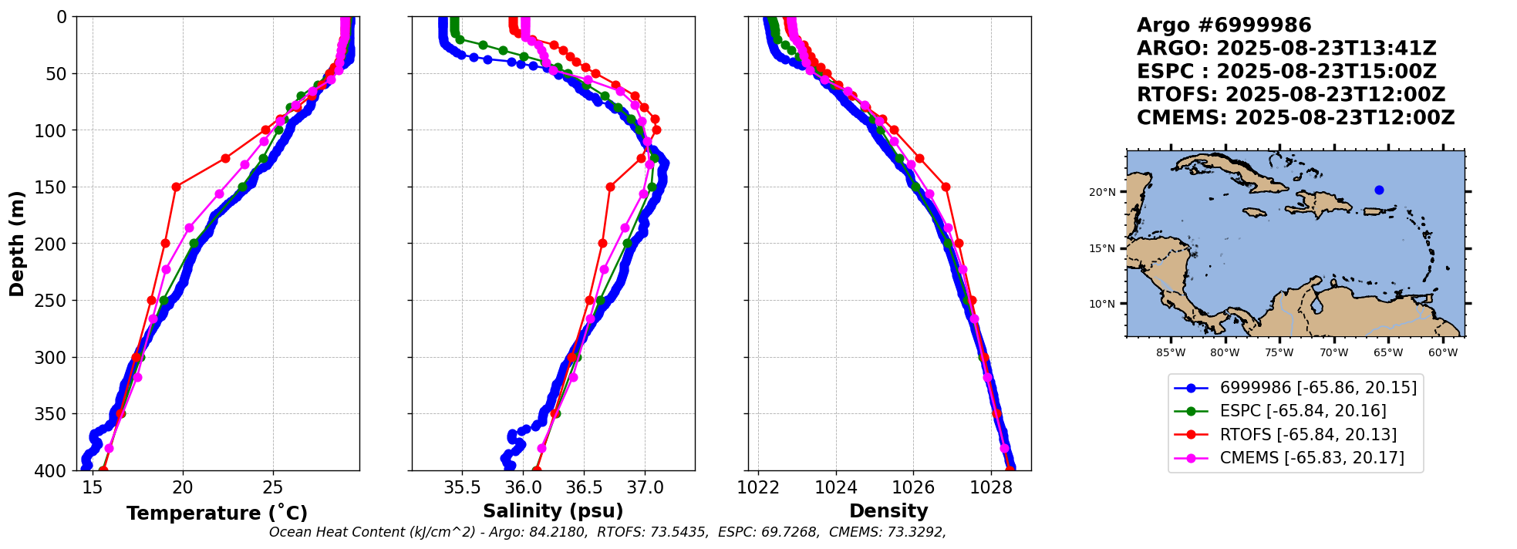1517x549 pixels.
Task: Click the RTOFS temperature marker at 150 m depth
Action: pos(176,187)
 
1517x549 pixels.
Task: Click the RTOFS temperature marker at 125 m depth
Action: pos(225,158)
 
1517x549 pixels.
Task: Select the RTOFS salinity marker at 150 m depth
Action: pos(610,187)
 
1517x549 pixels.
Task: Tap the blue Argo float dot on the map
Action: pos(1379,190)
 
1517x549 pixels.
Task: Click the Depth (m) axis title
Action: pos(17,243)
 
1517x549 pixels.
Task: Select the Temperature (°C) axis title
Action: pos(217,513)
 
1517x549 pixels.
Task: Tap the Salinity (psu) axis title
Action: pos(553,511)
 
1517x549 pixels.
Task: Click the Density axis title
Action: pos(888,511)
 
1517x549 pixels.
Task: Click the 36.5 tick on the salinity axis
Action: pos(584,487)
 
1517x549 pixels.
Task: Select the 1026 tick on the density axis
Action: pos(913,487)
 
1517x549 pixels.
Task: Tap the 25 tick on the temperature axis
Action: pos(273,487)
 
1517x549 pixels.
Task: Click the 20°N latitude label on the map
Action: pos(1101,192)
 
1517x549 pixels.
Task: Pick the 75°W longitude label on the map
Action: pos(1279,353)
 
